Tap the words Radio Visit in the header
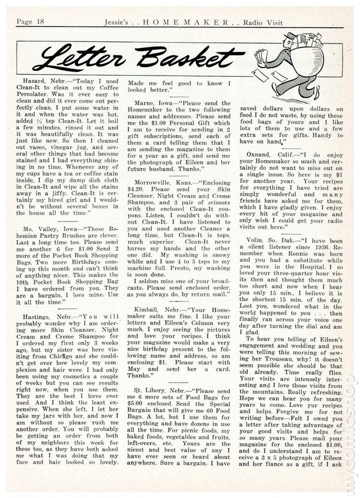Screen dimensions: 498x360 point(321,6)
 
